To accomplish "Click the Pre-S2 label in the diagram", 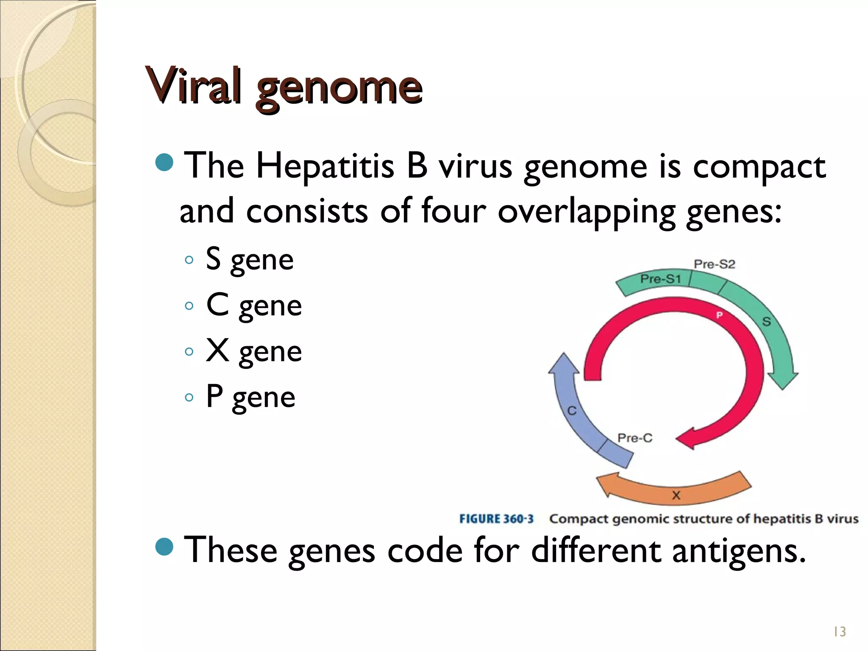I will pos(714,264).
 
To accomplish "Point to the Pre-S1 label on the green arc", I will pos(660,279).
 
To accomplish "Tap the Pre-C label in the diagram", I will pos(634,438).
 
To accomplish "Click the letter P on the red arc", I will pos(719,315).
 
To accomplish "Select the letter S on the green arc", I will pos(766,322).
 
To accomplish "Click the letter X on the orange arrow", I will pos(676,495).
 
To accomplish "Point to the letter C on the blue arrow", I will pos(572,410).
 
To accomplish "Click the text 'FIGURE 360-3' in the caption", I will pos(496,519).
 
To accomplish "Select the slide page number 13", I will pos(839,632).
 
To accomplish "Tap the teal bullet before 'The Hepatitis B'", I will pos(164,162).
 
